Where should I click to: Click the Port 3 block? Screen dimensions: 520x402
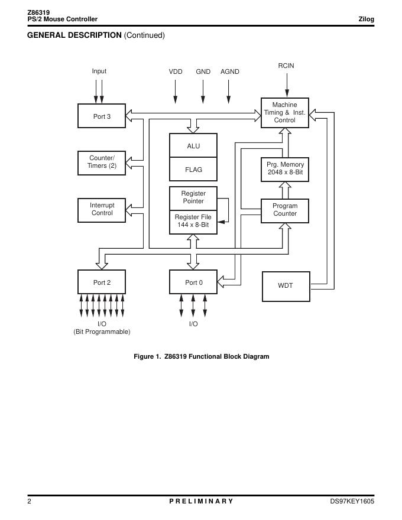(x=102, y=116)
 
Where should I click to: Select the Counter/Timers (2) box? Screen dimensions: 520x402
(x=102, y=162)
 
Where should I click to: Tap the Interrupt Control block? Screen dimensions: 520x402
(x=102, y=210)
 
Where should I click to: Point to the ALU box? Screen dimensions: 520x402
(x=193, y=146)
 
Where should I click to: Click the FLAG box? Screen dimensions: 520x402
(x=193, y=170)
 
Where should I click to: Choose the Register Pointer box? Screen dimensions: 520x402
(x=193, y=197)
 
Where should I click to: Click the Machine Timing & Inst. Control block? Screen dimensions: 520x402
(x=284, y=112)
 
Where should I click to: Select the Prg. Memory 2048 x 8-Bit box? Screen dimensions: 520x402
(x=284, y=169)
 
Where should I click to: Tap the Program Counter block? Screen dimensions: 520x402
(x=284, y=210)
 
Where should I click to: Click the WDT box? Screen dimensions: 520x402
(x=285, y=286)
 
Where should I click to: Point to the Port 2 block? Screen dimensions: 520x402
(x=102, y=282)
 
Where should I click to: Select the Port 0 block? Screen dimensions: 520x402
(x=193, y=282)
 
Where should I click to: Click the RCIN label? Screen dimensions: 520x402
(x=286, y=66)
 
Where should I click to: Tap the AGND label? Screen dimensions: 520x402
(x=230, y=71)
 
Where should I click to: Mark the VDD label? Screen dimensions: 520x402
(x=176, y=71)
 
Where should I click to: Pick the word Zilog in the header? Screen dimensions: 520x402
(x=367, y=19)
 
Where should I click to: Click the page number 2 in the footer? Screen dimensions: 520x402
(x=30, y=501)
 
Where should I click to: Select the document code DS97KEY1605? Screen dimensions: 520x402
(x=352, y=501)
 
